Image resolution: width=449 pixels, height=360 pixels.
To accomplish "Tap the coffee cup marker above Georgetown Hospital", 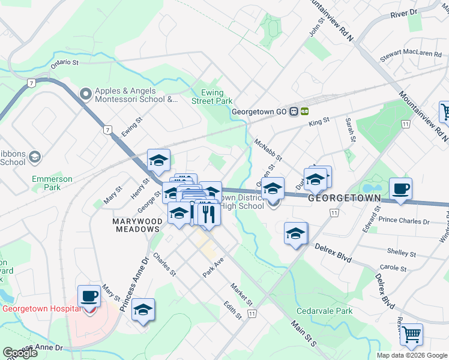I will click(89, 296).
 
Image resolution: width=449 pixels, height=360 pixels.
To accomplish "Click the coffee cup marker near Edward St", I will click(401, 190).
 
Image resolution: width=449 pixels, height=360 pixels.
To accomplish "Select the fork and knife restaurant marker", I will click(209, 215).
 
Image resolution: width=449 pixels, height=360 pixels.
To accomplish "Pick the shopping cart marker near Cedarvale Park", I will click(411, 335).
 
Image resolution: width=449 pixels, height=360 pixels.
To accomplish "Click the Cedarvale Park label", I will click(324, 311).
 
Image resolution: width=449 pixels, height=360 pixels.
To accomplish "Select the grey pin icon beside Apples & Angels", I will click(85, 94).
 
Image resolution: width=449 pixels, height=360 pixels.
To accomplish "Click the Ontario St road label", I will click(65, 62).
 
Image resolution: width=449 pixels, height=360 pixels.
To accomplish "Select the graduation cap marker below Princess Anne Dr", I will click(143, 310).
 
